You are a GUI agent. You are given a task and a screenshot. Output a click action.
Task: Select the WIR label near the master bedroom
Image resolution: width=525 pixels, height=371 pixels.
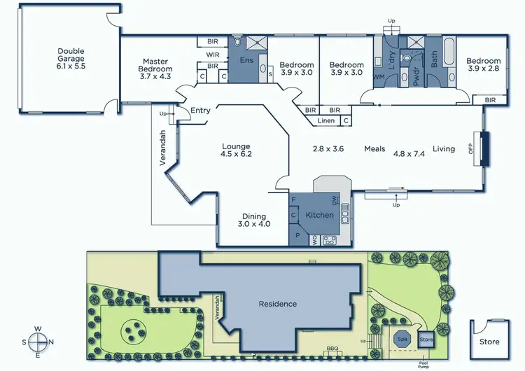coord(213,54)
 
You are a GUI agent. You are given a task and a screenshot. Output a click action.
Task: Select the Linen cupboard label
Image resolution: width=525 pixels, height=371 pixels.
coord(325,121)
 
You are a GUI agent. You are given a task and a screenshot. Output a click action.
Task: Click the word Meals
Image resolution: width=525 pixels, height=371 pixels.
coord(374,148)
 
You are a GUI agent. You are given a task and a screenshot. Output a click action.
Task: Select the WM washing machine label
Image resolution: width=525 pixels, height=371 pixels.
coord(379,76)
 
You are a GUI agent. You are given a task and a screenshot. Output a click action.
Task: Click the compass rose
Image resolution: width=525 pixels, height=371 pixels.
coord(38,341)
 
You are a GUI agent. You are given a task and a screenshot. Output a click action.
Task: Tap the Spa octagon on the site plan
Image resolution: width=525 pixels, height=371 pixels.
coord(402,339)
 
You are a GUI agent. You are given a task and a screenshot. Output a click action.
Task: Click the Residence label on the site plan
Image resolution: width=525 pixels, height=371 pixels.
coord(277,304)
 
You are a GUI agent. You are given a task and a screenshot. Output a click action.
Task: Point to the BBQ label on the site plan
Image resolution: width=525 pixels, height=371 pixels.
coord(332,349)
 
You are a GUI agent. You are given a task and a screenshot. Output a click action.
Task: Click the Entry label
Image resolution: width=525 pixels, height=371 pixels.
coord(200,110)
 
